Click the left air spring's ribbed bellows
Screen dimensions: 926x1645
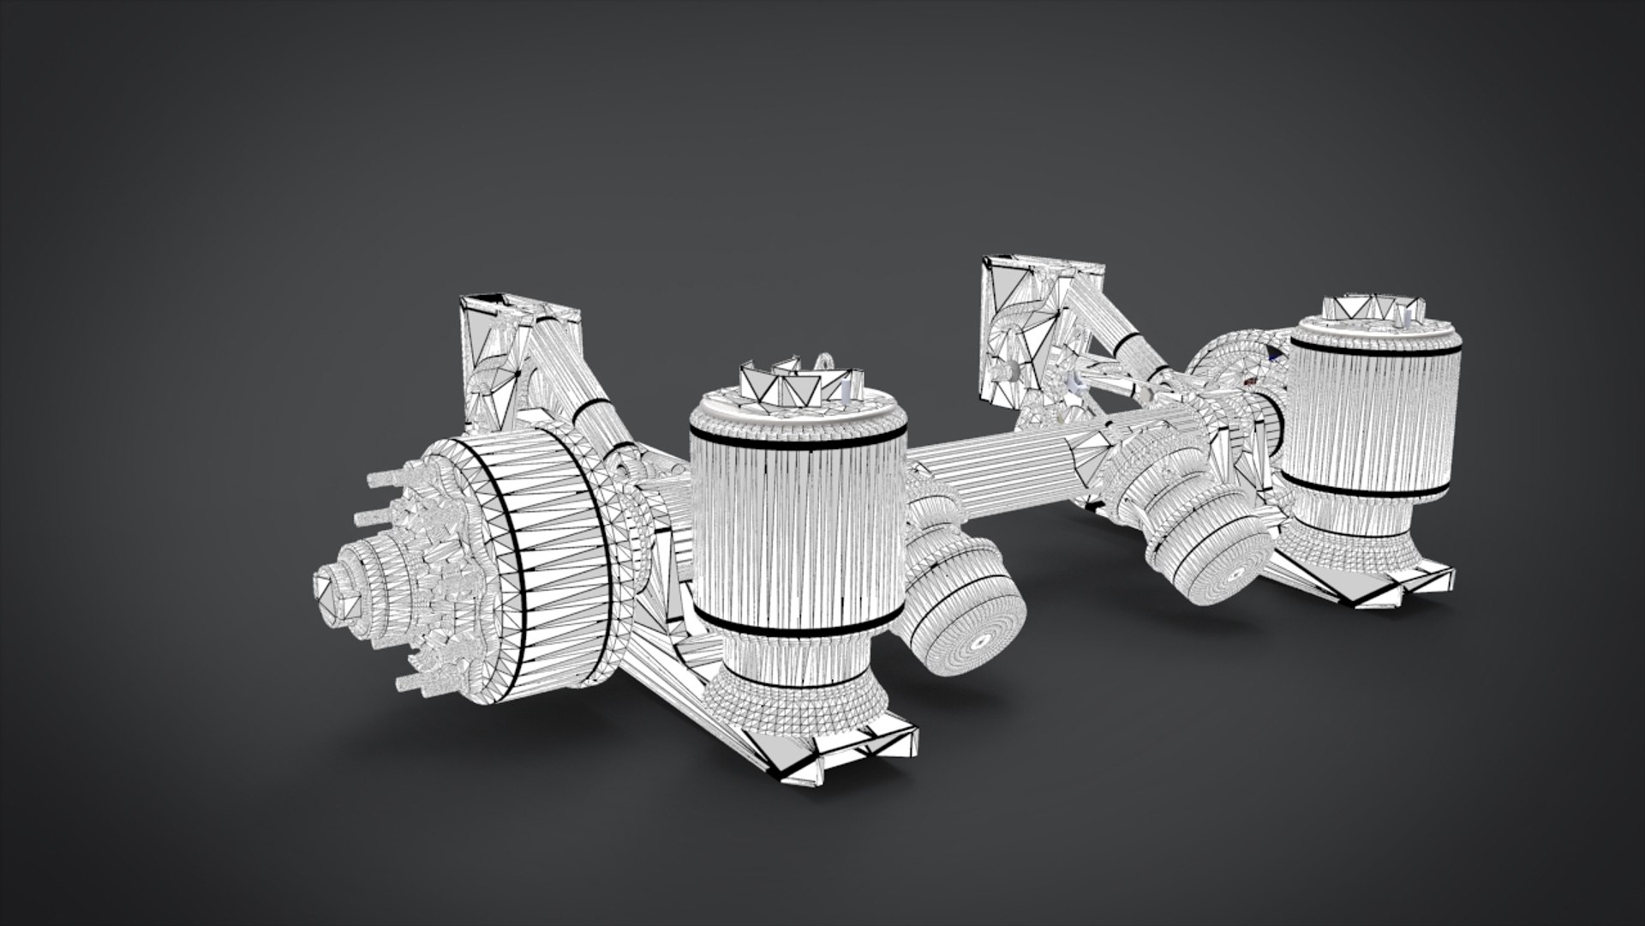pyautogui.click(x=797, y=532)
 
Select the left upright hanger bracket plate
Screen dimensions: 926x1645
pyautogui.click(x=493, y=360)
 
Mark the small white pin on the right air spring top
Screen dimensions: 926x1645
pyautogui.click(x=1406, y=317)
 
